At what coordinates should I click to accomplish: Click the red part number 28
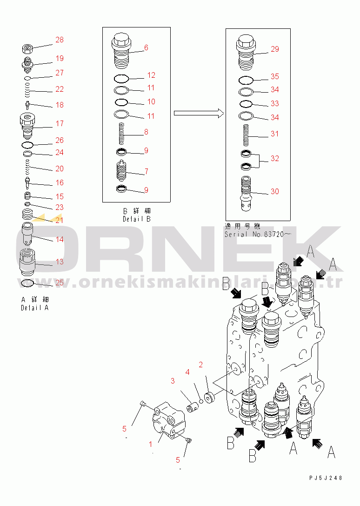click(60, 40)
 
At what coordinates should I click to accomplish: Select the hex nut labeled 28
click(27, 49)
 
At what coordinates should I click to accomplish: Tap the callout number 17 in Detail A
click(60, 123)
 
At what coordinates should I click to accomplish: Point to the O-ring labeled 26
click(27, 145)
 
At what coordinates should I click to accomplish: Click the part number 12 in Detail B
click(151, 75)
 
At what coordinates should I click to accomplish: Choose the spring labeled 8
click(121, 134)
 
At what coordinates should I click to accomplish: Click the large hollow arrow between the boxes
click(199, 113)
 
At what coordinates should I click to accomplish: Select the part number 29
click(275, 49)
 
